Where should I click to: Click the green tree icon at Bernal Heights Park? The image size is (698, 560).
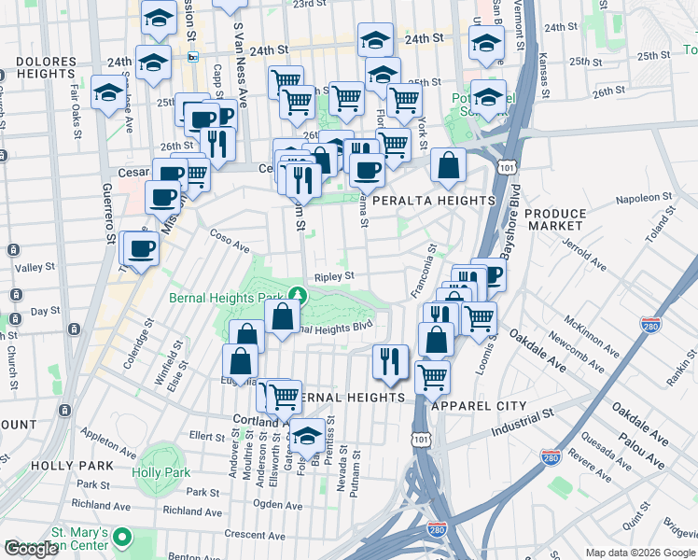297,294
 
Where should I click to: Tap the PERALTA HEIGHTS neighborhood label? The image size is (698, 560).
434,201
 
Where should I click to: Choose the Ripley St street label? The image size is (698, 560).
334,276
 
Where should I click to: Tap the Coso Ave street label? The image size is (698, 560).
230,241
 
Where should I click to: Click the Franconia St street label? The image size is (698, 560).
425,272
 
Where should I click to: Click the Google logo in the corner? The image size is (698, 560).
31,549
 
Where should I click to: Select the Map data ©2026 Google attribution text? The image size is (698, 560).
640,553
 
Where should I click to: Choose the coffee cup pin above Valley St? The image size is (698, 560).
142,248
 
